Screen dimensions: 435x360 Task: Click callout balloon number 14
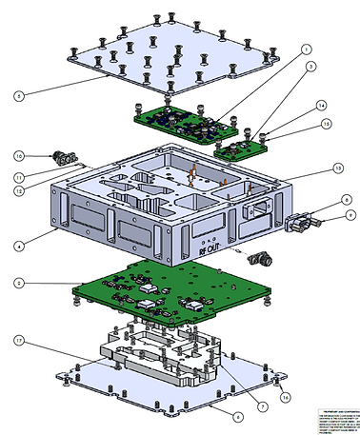click(322, 106)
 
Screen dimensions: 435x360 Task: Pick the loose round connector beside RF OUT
click(261, 258)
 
